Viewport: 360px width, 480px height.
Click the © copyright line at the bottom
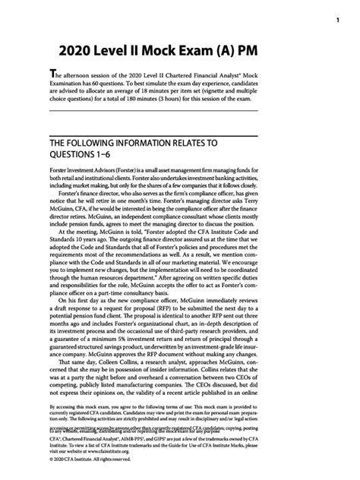pos(87,478)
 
